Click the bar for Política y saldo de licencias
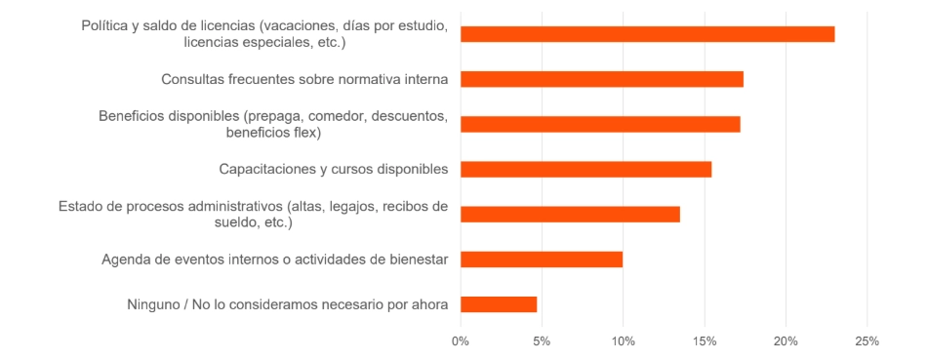pyautogui.click(x=647, y=34)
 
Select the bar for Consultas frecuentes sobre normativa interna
pyautogui.click(x=601, y=79)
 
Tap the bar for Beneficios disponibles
pyautogui.click(x=600, y=124)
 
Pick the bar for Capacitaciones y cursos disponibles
pyautogui.click(x=585, y=169)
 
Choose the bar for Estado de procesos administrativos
pyautogui.click(x=570, y=214)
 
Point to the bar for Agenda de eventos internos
pyautogui.click(x=542, y=259)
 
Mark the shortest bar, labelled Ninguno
pyautogui.click(x=499, y=303)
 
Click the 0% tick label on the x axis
pyautogui.click(x=461, y=341)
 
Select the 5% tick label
pyautogui.click(x=542, y=341)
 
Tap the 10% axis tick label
pyautogui.click(x=624, y=341)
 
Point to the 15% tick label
pyautogui.click(x=705, y=341)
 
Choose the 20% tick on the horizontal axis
pyautogui.click(x=787, y=341)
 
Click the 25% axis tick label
pyautogui.click(x=867, y=341)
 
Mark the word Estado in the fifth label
pyautogui.click(x=82, y=206)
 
